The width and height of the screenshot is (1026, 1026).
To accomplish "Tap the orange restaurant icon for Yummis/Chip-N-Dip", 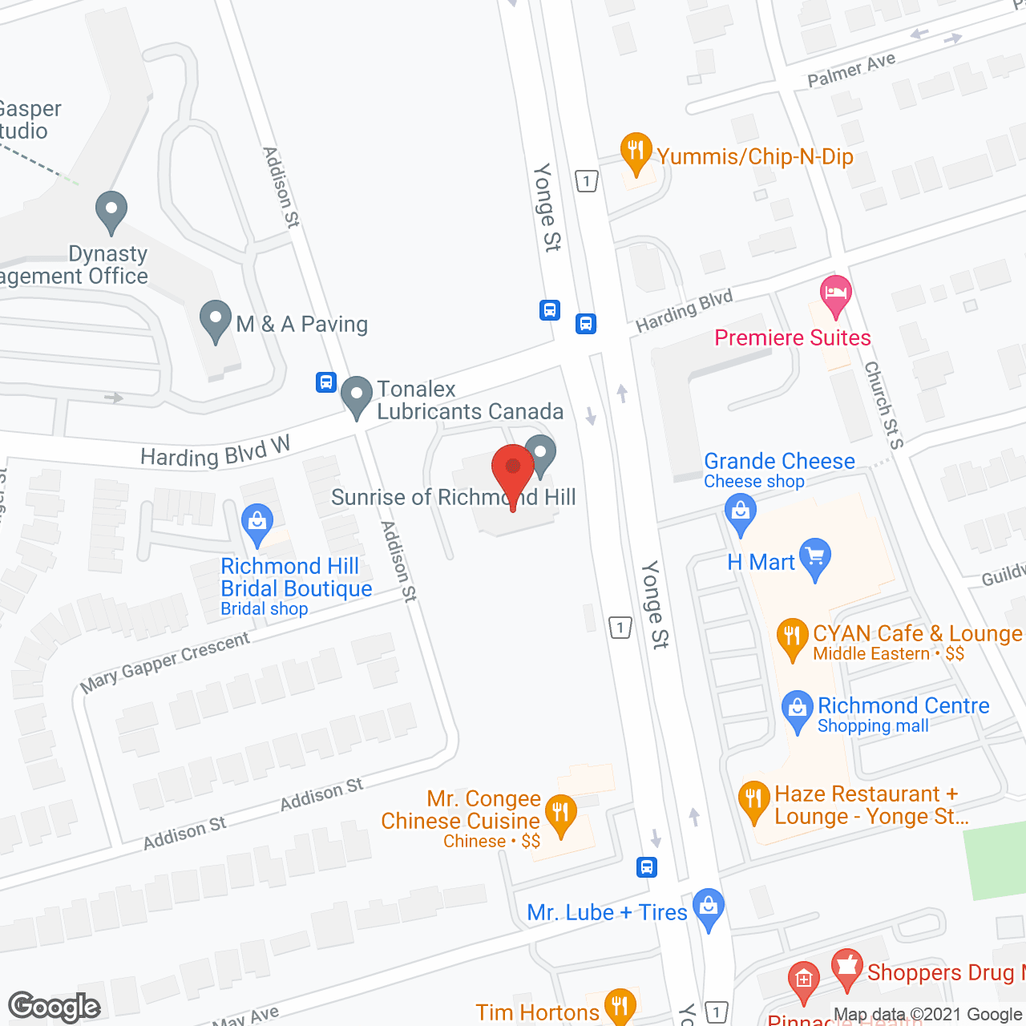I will [x=636, y=152].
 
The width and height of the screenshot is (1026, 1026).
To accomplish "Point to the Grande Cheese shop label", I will [x=779, y=462].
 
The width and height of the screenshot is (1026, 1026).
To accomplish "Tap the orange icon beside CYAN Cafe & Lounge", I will [x=792, y=638].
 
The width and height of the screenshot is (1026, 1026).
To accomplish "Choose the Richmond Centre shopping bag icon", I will [x=797, y=710].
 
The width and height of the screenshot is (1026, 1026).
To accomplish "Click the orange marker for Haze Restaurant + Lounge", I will [x=753, y=800].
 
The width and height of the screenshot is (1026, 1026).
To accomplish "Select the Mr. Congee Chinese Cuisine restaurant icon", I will [x=560, y=814].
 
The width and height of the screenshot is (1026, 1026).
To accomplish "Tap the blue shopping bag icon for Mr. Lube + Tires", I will [x=709, y=908].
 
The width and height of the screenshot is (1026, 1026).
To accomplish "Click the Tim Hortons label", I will [x=537, y=1012].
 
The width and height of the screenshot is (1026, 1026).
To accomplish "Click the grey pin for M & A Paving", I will [x=215, y=321].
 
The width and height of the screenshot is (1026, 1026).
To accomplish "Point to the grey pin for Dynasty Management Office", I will [x=111, y=212].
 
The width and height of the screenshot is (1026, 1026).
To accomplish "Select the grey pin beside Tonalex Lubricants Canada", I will [x=357, y=396].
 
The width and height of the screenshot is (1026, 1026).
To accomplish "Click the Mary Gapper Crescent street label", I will [x=165, y=663].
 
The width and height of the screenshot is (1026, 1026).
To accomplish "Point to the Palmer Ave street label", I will [x=851, y=71].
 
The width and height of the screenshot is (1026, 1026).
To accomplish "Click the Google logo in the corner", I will [x=55, y=1007].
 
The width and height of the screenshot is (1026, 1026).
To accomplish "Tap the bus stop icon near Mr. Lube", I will [x=647, y=866].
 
